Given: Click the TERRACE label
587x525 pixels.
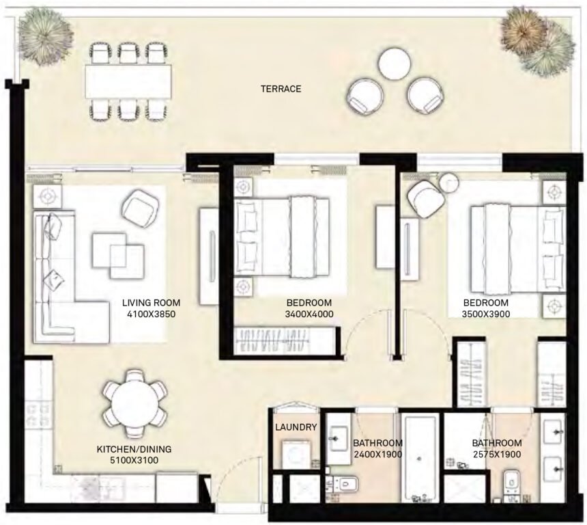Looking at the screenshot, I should pyautogui.click(x=280, y=89).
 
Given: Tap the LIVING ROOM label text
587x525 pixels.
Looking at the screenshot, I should pyautogui.click(x=151, y=302).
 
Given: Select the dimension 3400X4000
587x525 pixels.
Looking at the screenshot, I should pyautogui.click(x=309, y=314).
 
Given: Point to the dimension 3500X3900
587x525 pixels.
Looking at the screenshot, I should pyautogui.click(x=486, y=314).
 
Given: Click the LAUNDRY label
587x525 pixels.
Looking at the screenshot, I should pyautogui.click(x=296, y=427).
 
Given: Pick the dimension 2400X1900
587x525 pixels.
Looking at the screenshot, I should pyautogui.click(x=377, y=454).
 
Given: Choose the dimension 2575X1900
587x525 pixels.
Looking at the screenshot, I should pyautogui.click(x=497, y=454).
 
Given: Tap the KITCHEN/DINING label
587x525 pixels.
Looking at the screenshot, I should pyautogui.click(x=133, y=449).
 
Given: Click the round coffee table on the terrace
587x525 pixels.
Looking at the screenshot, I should pyautogui.click(x=394, y=63).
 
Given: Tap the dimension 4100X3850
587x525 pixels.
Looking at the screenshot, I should pyautogui.click(x=151, y=314).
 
